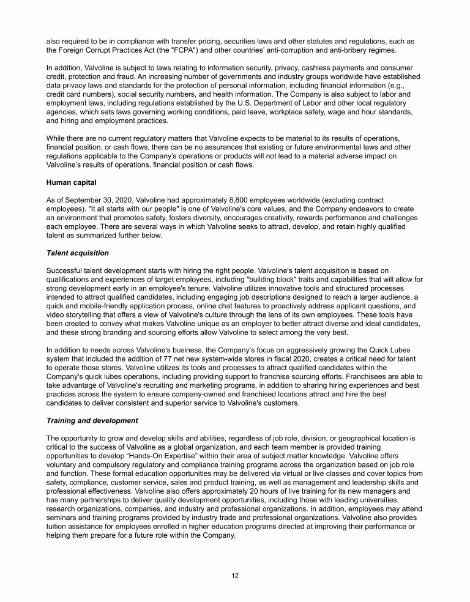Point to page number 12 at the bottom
click(x=235, y=576)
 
